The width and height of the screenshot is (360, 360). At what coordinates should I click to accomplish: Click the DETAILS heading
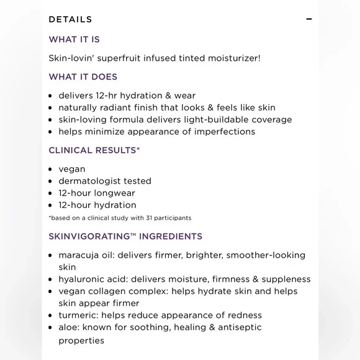(x=70, y=19)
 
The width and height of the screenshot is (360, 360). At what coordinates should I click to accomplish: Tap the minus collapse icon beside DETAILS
(x=309, y=19)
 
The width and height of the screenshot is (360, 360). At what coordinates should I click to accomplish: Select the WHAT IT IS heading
(x=74, y=39)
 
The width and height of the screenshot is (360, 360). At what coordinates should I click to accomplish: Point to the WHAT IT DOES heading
(x=83, y=77)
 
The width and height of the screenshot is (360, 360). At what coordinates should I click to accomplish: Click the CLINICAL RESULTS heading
(x=92, y=150)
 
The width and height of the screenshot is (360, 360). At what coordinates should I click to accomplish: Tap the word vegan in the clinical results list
(x=72, y=169)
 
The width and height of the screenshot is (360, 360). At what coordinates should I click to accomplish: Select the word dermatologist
(x=89, y=181)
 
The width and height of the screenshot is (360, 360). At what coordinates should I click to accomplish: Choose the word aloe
(x=68, y=327)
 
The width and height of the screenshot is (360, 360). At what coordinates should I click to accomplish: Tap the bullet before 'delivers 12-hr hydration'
(x=51, y=96)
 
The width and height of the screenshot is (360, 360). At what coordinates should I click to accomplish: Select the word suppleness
(x=282, y=279)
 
